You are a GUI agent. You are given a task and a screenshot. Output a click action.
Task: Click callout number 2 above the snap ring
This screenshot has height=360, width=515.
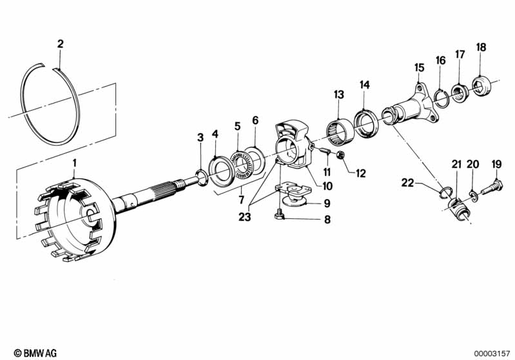tap(60, 44)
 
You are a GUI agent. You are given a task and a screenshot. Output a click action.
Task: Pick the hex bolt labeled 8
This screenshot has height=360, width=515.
tap(280, 216)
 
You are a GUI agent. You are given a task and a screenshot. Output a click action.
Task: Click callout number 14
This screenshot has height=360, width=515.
tap(365, 84)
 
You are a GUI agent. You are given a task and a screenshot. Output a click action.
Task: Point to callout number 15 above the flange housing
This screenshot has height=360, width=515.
tap(419, 68)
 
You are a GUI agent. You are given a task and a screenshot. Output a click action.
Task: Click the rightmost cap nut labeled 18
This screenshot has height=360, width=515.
tap(481, 86)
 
